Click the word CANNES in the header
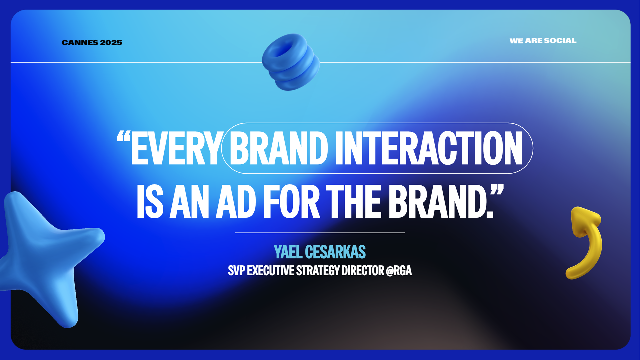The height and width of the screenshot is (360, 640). pos(80,43)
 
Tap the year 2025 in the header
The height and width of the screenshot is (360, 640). pos(111,43)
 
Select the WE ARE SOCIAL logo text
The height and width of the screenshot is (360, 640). pos(543,41)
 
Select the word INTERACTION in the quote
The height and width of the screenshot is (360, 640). pos(429,148)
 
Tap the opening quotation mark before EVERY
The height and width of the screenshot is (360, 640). pos(123,137)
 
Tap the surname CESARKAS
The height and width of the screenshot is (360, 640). pos(335,252)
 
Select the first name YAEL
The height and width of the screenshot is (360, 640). pos(288,252)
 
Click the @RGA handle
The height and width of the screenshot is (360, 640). pos(399,270)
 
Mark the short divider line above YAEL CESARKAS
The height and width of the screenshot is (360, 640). pos(320,233)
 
